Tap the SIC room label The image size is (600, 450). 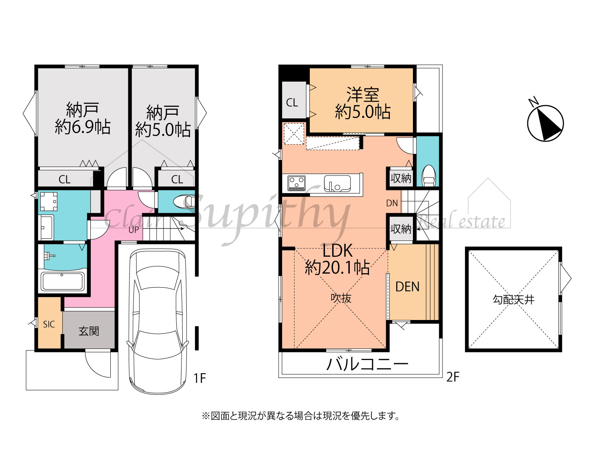(49, 324)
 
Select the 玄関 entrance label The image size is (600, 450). (89, 331)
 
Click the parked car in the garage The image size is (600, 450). (158, 321)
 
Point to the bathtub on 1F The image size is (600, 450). (63, 281)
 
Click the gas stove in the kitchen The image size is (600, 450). (296, 183)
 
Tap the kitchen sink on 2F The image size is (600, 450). (337, 184)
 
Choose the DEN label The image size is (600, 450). (407, 287)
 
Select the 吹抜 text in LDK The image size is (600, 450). (341, 298)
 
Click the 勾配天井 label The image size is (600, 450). (513, 300)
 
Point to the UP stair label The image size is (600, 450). (134, 230)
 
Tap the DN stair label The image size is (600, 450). (392, 203)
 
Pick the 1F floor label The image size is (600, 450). (199, 378)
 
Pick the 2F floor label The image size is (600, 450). (453, 377)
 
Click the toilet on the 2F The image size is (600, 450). (429, 176)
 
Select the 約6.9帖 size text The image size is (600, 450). (83, 127)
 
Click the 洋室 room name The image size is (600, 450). (363, 94)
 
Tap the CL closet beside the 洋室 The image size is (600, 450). (292, 103)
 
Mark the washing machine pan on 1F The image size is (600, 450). (49, 202)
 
